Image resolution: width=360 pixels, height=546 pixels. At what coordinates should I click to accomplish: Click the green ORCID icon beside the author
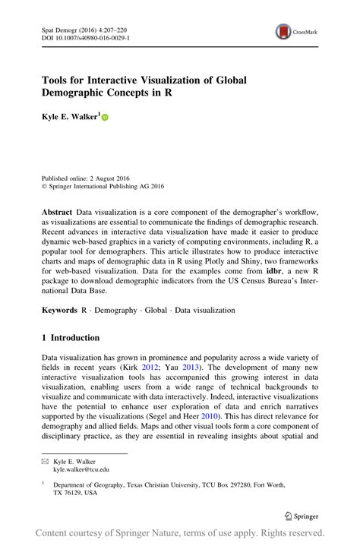tap(105, 118)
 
